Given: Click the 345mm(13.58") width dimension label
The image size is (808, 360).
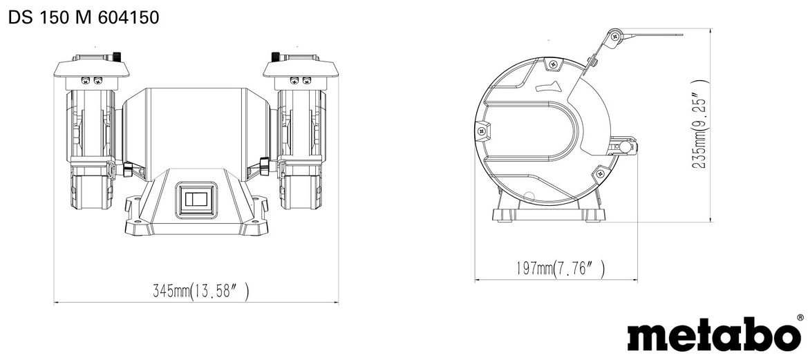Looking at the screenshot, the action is coord(201,292).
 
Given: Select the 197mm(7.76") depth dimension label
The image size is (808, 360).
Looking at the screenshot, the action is coord(560,268).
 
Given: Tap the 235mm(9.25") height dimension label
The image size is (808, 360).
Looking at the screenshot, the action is coord(699,124).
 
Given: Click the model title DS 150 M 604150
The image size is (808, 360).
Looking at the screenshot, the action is coord(84,17).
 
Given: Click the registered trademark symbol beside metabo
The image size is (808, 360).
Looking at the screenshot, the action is coord(800,319).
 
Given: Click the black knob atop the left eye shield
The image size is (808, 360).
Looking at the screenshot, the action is coord(117,55).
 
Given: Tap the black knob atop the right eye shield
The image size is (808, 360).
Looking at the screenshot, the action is coord(276,55).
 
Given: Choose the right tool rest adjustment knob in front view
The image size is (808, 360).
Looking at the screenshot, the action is coord(264,166).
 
